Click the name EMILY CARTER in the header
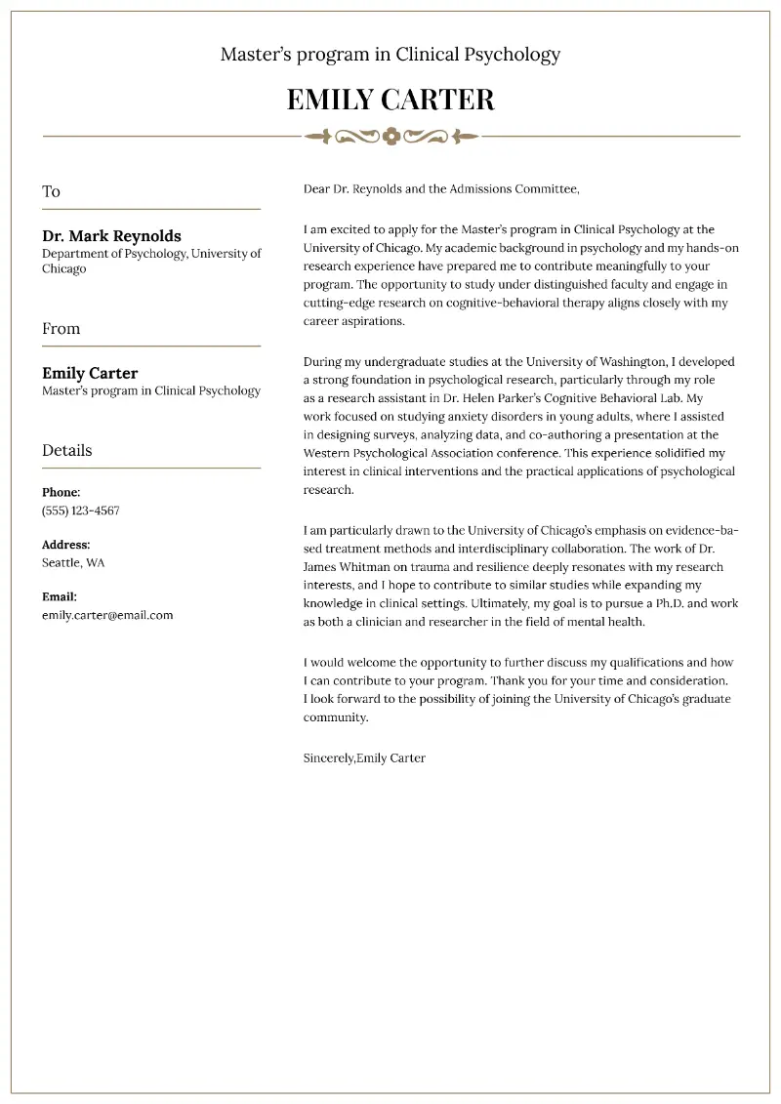pyautogui.click(x=390, y=100)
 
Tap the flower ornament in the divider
pyautogui.click(x=391, y=136)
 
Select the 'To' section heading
pyautogui.click(x=51, y=191)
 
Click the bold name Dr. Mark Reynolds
pyautogui.click(x=111, y=236)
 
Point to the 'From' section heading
pyautogui.click(x=61, y=328)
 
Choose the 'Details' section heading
pyautogui.click(x=66, y=450)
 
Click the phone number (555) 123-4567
pyautogui.click(x=80, y=511)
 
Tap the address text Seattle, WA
pyautogui.click(x=73, y=562)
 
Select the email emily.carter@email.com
pyautogui.click(x=107, y=615)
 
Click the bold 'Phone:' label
pyautogui.click(x=61, y=493)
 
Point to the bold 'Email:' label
pyautogui.click(x=60, y=596)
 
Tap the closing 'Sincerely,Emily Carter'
pyautogui.click(x=364, y=757)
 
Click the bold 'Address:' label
pyautogui.click(x=65, y=545)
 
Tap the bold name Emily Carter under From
pyautogui.click(x=90, y=373)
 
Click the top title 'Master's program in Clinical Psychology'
pyautogui.click(x=390, y=55)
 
